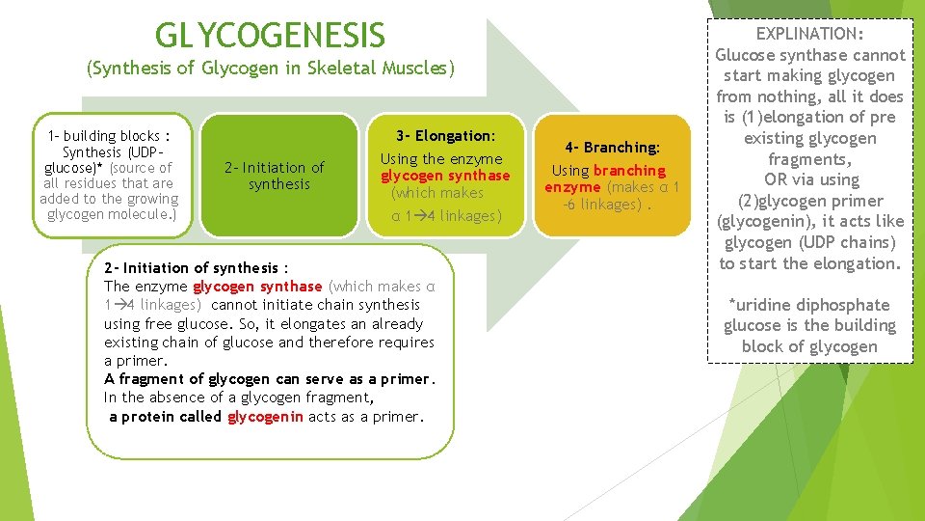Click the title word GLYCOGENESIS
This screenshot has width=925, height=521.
270,35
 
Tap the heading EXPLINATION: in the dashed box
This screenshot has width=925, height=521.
810,34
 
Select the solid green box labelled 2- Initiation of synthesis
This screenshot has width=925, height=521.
279,176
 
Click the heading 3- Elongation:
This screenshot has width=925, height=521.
445,136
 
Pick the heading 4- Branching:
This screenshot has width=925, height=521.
613,148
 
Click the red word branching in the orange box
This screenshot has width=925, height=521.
629,171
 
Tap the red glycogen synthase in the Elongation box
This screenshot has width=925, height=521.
445,176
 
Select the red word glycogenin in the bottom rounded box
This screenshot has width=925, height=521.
266,417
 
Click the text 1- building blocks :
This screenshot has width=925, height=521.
109,136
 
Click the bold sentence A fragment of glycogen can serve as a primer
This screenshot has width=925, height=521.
270,379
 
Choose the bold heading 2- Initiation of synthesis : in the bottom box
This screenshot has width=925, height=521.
197,268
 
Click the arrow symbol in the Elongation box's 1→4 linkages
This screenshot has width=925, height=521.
419,216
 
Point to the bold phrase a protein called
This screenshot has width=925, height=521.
165,417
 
